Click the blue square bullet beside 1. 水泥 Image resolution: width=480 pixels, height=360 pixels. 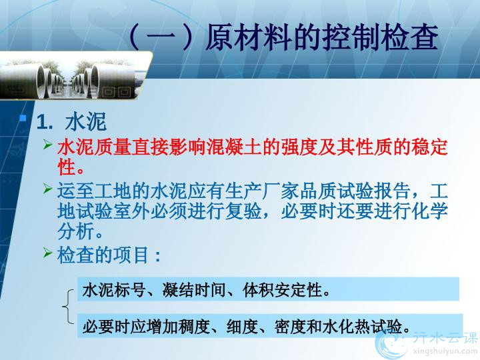point(23,118)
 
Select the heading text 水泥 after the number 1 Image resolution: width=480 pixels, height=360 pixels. point(86,122)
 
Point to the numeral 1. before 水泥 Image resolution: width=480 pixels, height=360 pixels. point(45,122)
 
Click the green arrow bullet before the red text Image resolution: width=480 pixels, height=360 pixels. point(48,144)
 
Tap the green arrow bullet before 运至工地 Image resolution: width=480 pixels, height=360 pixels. point(48,188)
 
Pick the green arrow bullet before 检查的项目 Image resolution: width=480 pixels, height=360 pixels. point(48,253)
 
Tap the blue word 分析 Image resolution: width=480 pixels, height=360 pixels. point(76,232)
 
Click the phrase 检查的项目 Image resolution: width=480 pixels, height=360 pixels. point(103,255)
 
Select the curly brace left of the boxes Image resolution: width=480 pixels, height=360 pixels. point(68,306)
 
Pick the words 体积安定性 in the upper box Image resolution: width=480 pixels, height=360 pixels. point(283,289)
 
